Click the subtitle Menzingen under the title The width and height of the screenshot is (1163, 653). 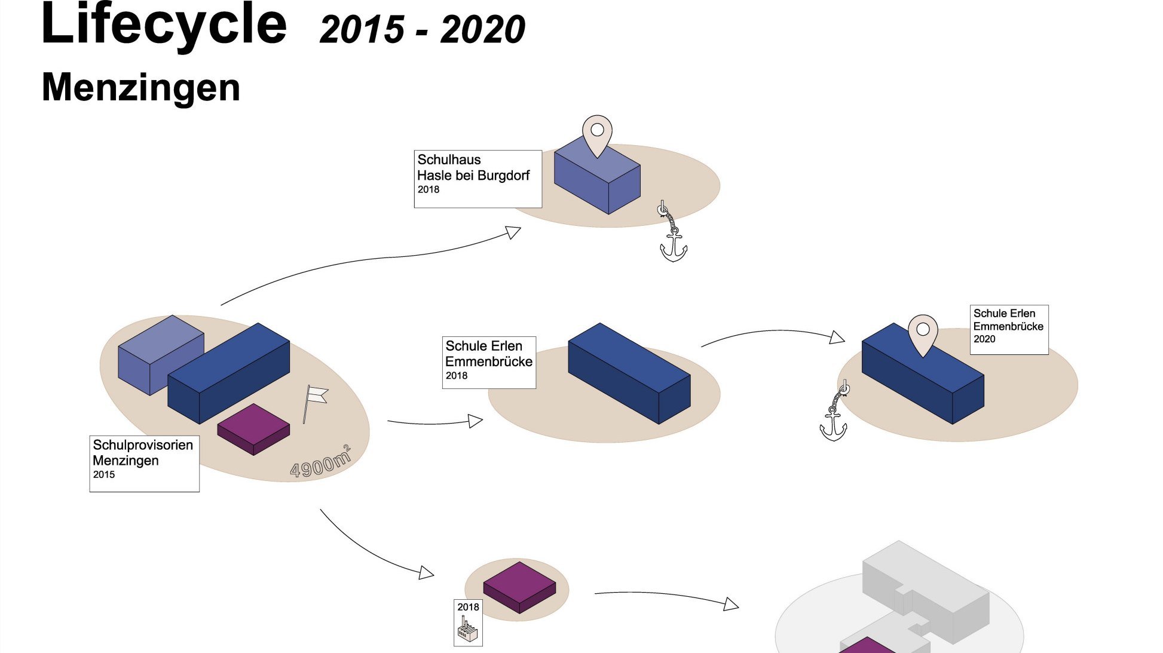pyautogui.click(x=141, y=87)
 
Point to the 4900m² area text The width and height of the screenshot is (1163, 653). pyautogui.click(x=320, y=463)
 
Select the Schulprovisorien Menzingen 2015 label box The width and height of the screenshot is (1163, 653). pyautogui.click(x=144, y=464)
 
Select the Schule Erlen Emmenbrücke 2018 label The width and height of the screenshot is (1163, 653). pyautogui.click(x=489, y=362)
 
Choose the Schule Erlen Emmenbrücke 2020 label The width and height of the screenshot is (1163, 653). pyautogui.click(x=1009, y=329)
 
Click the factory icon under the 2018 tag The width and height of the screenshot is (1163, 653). pyautogui.click(x=468, y=630)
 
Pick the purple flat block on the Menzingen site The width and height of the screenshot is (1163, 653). pyautogui.click(x=253, y=428)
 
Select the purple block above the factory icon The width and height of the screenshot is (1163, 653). pyautogui.click(x=519, y=586)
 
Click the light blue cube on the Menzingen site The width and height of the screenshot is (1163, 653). pyautogui.click(x=160, y=354)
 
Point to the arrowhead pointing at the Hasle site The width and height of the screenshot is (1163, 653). pyautogui.click(x=513, y=232)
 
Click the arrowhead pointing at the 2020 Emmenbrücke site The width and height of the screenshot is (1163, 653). pyautogui.click(x=837, y=338)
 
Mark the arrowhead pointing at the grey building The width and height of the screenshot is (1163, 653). pyautogui.click(x=731, y=604)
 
